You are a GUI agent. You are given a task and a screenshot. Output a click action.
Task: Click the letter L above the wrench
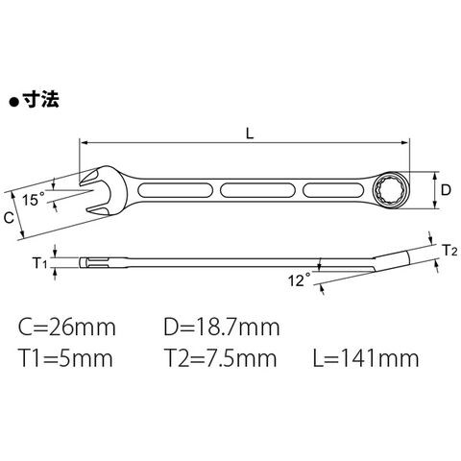point(250,133)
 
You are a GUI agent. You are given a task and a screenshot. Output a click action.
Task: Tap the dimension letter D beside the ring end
point(446,190)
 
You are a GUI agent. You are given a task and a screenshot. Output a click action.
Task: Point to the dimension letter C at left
point(9,218)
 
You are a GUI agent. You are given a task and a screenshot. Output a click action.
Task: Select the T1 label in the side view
point(40,263)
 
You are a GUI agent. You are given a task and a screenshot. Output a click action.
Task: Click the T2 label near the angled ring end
point(449,251)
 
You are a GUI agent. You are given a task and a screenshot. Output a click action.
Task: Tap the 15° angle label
point(34,200)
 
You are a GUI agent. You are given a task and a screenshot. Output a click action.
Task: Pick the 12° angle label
point(300,280)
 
